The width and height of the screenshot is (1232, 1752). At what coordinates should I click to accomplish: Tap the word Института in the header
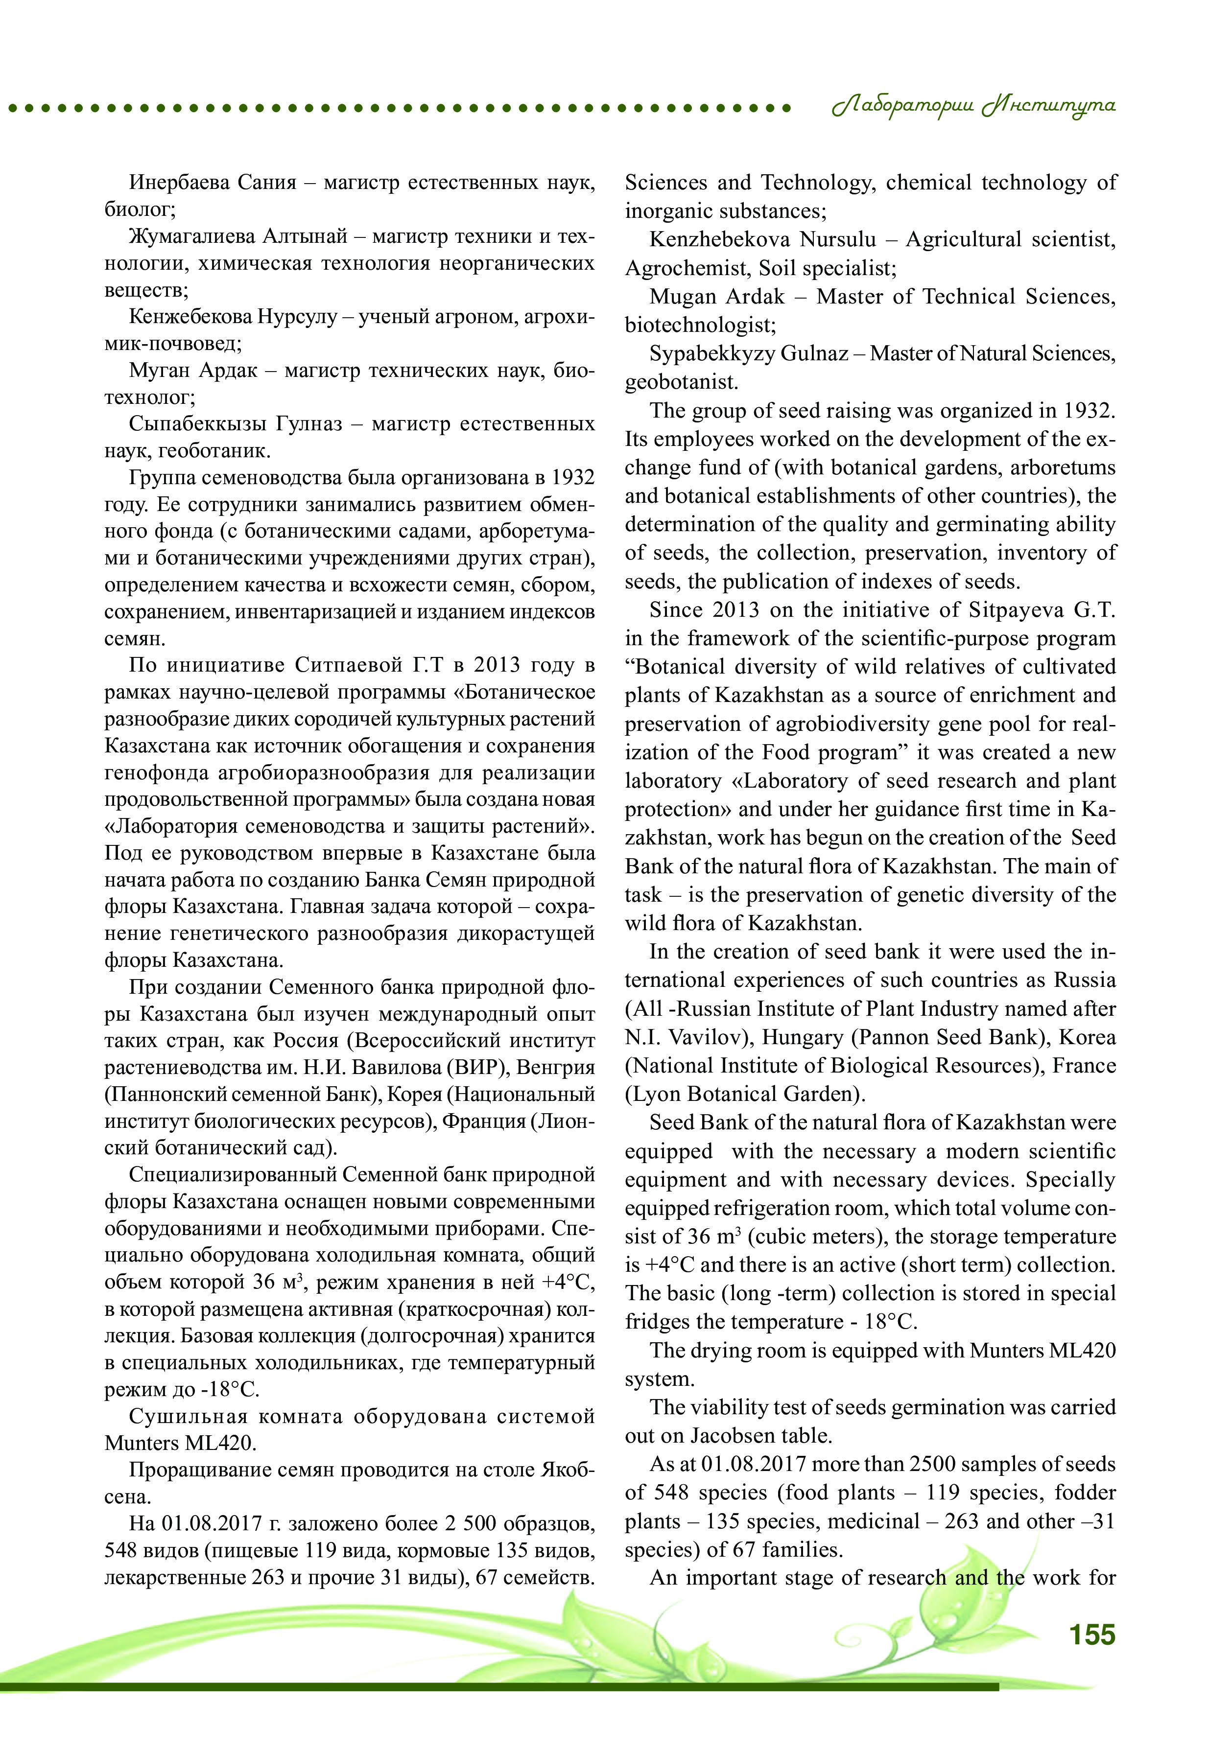pos(1049,106)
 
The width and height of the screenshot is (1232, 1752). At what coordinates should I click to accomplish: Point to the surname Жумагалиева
pos(191,236)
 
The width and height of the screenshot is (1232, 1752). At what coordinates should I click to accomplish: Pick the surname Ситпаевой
pos(350,665)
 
